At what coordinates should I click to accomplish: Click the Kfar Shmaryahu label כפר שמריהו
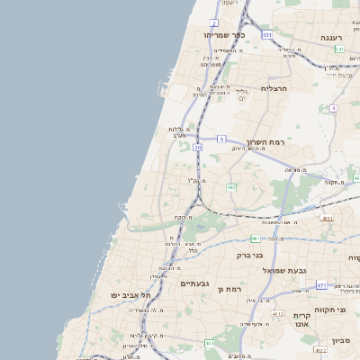click(224, 35)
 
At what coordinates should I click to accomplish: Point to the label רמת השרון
click(265, 143)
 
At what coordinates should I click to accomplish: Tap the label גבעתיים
click(194, 283)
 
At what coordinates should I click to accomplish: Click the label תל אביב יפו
click(130, 295)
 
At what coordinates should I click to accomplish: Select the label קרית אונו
click(301, 319)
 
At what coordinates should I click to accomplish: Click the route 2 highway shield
click(214, 22)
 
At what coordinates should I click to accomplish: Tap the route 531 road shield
click(267, 34)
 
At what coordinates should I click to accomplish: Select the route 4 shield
click(333, 108)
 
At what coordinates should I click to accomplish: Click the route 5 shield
click(221, 139)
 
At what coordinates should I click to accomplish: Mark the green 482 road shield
click(231, 187)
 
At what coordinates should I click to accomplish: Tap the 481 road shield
click(256, 238)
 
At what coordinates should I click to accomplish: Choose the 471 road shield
click(321, 284)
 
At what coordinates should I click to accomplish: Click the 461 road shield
click(210, 343)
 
